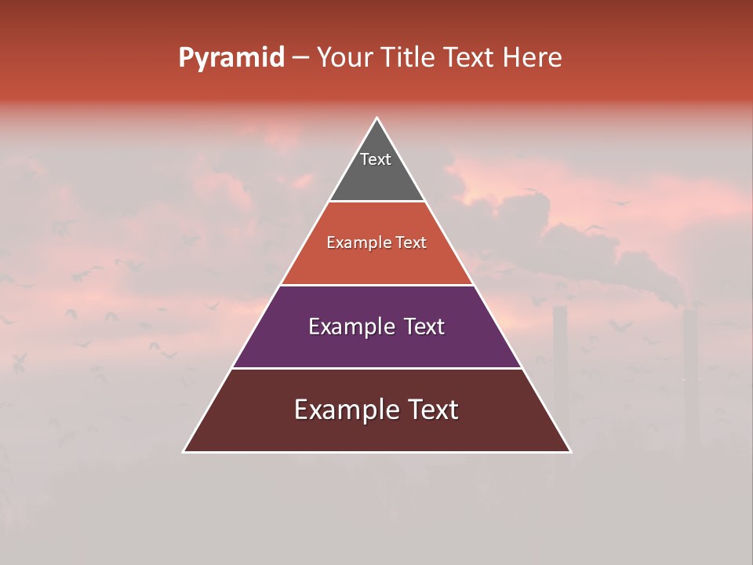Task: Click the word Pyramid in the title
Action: tap(231, 58)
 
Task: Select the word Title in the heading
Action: tap(409, 58)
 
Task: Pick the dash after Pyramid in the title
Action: tap(300, 58)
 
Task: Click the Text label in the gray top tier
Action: tap(376, 159)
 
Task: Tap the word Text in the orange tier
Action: tap(411, 243)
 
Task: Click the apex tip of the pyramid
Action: tap(376, 118)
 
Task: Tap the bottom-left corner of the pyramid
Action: tap(184, 451)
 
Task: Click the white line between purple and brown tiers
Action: tap(376, 368)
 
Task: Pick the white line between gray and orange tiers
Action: tap(376, 202)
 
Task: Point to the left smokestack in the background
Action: tap(559, 369)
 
